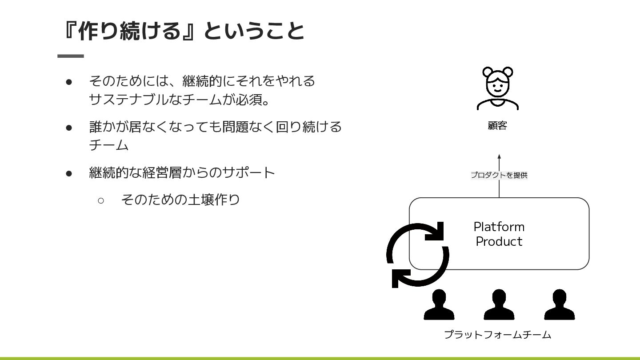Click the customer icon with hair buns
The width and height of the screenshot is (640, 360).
point(497,88)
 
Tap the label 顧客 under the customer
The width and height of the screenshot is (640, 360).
point(497,126)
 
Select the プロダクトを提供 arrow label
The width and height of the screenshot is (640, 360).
point(499,175)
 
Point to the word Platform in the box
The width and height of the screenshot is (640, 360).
point(499,227)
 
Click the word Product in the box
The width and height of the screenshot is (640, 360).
point(499,241)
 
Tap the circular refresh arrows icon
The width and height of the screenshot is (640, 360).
point(417,255)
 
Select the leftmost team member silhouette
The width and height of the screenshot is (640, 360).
point(439,305)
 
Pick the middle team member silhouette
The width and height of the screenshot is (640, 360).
point(499,305)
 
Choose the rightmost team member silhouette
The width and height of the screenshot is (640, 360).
point(559,305)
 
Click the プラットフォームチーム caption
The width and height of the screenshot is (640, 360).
point(497,335)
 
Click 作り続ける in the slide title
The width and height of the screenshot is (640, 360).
point(129,31)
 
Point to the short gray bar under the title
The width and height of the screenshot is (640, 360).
point(71,56)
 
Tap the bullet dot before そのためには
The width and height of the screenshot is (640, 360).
point(69,82)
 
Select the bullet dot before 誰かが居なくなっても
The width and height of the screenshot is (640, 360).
point(69,128)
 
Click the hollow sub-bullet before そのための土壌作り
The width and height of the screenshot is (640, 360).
point(100,200)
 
